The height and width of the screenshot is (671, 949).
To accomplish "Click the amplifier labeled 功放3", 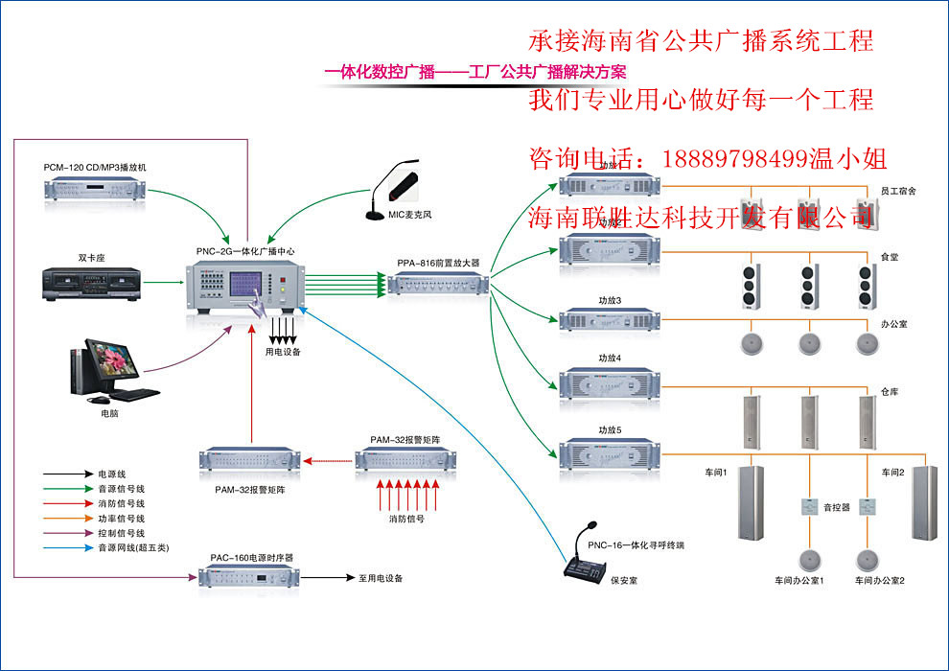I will tap(609, 319).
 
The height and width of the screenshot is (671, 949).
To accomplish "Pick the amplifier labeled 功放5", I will tap(609, 451).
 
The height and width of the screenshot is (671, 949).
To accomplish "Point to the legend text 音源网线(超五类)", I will tap(132, 547).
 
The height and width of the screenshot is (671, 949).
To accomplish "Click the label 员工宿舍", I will tap(898, 191).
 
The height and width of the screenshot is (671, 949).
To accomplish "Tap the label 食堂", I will tap(890, 258).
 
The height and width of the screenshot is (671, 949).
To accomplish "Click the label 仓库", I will tap(890, 392).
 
